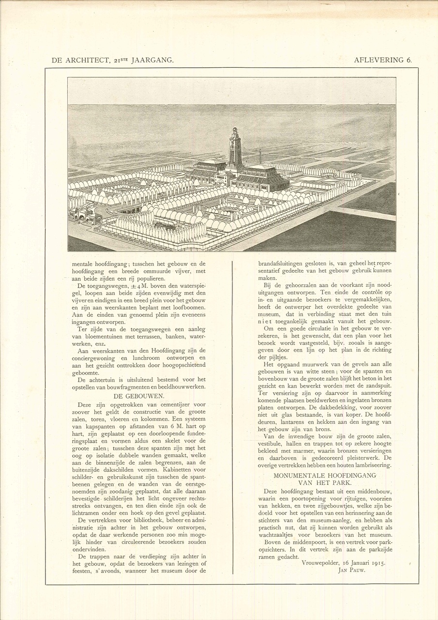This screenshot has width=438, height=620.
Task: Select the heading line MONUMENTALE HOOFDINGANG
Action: click(x=325, y=476)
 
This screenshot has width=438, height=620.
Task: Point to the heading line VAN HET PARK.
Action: click(x=325, y=483)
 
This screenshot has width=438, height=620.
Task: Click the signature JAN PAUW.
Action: click(x=351, y=570)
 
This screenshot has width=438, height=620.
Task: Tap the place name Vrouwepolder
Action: click(x=320, y=563)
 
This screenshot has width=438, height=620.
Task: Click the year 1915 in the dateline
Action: click(x=376, y=563)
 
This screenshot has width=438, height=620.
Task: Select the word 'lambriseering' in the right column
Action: click(x=374, y=465)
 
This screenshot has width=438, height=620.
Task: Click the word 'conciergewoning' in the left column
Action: click(x=94, y=358)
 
